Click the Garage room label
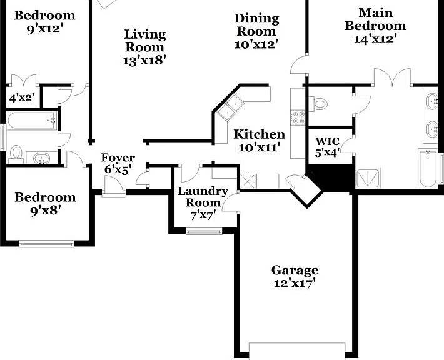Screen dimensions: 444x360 (x=295, y=271)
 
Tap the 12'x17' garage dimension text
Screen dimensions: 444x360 (x=295, y=283)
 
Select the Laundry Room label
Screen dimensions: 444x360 (x=203, y=197)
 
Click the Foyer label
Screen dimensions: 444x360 (x=118, y=157)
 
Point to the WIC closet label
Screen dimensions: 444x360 (x=327, y=141)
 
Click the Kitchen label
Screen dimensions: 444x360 (x=260, y=134)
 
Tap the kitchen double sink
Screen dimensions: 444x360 (x=230, y=107)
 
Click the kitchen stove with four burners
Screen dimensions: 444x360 (x=298, y=117)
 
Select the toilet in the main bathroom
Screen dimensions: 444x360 (x=318, y=104)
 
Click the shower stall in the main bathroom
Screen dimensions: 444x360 (x=368, y=178)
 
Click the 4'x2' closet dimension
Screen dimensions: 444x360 (x=22, y=98)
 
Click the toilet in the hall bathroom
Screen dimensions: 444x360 (x=16, y=154)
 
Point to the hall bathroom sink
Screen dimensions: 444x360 (x=42, y=158)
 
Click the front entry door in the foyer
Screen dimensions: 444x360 (x=113, y=185)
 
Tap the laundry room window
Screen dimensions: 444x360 (x=204, y=231)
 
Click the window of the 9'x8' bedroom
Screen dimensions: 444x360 (x=46, y=244)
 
